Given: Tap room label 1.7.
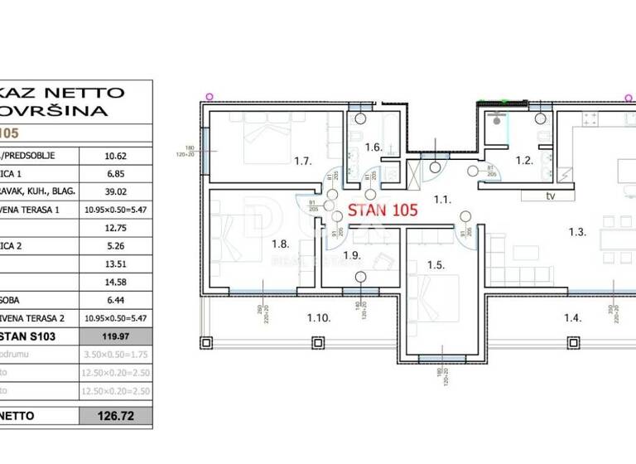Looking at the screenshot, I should pyautogui.click(x=302, y=161).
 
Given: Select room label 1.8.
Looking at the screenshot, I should pyautogui.click(x=280, y=244).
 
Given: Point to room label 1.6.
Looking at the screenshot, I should pyautogui.click(x=373, y=147).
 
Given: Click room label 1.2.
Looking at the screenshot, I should pyautogui.click(x=523, y=161).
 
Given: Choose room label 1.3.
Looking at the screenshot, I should pyautogui.click(x=577, y=232).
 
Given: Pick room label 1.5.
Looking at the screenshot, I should pyautogui.click(x=436, y=265).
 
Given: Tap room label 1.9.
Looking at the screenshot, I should pyautogui.click(x=351, y=255).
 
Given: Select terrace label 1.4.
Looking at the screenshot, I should pyautogui.click(x=572, y=317).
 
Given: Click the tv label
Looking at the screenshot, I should pyautogui.click(x=549, y=196).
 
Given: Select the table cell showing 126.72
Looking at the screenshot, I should pyautogui.click(x=115, y=415).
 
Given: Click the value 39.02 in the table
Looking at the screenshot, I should pyautogui.click(x=115, y=190).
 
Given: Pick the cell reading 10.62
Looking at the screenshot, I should pyautogui.click(x=115, y=154).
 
